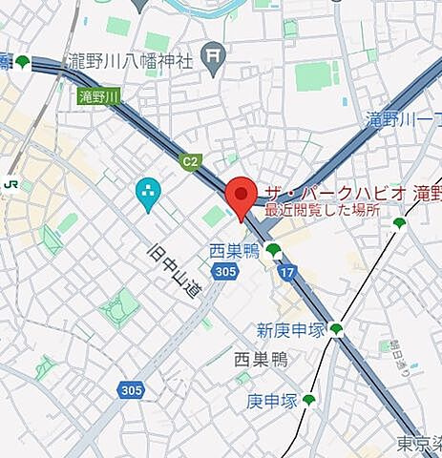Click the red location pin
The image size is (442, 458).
[242, 196]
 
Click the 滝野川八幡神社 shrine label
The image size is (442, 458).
[131, 62]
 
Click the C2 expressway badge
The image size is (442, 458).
[191, 161]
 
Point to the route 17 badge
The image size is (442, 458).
[287, 273]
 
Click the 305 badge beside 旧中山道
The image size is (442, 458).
[225, 273]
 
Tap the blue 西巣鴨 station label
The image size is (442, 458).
[235, 251]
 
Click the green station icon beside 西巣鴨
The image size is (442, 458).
[274, 250]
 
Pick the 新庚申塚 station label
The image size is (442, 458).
[291, 331]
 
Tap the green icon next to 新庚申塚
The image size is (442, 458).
[336, 330]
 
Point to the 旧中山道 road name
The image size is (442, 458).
[175, 270]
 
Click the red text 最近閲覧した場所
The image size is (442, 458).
[322, 210]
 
